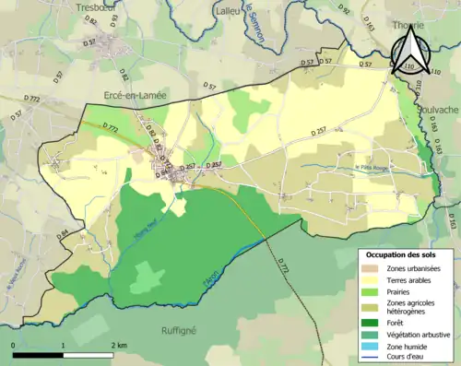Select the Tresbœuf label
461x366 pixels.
(x=95, y=6)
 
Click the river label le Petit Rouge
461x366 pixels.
(x=373, y=167)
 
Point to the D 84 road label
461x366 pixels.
(x=63, y=236)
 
